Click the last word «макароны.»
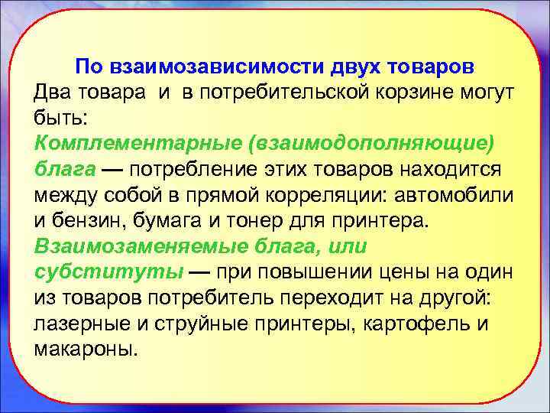pyautogui.click(x=87, y=350)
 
